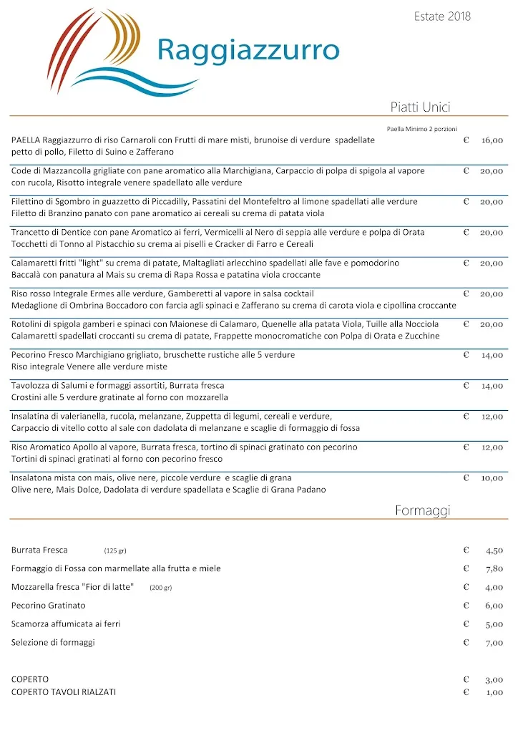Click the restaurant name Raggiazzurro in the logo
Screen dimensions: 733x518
click(x=248, y=50)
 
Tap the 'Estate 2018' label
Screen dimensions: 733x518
click(x=442, y=16)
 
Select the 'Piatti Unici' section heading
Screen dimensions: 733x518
click(x=420, y=107)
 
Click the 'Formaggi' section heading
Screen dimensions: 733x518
click(x=422, y=510)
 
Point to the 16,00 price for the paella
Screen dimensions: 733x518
click(x=492, y=140)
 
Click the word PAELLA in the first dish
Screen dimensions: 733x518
click(x=26, y=140)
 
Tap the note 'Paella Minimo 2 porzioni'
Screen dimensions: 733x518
click(x=416, y=129)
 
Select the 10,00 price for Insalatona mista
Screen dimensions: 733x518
click(x=492, y=477)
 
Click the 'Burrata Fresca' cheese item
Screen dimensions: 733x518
click(x=39, y=550)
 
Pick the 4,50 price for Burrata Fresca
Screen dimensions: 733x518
click(x=494, y=550)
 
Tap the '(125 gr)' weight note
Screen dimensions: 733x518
click(x=114, y=550)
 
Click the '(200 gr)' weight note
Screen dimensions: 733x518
click(x=160, y=588)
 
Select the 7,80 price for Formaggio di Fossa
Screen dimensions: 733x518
click(x=494, y=569)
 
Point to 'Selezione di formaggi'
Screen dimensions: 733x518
click(x=53, y=643)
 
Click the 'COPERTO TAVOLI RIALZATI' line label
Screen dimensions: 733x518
click(x=64, y=692)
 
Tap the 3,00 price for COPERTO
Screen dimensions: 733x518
click(x=494, y=679)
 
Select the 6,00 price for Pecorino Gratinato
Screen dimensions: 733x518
click(x=494, y=606)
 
